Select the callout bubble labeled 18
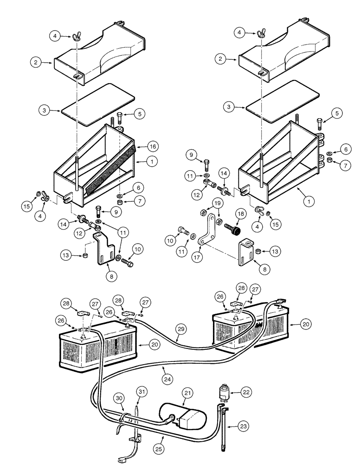click(240, 213)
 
